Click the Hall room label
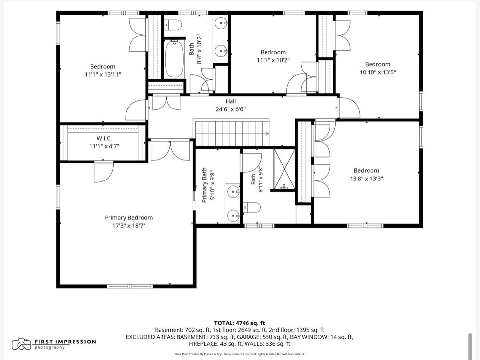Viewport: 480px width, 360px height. pos(231,101)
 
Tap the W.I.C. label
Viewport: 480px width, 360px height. pos(104,138)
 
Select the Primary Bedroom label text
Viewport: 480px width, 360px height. pos(129,218)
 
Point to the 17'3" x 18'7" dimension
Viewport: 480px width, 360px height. pos(129,226)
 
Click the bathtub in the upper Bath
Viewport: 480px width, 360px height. pos(174,58)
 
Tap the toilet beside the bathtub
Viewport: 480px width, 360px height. pos(173,25)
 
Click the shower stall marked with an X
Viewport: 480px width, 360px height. pos(284,169)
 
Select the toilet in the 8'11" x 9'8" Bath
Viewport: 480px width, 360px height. pos(252,208)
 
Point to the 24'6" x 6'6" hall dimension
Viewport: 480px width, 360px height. pos(231,109)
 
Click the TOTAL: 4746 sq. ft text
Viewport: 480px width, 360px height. pos(240,323)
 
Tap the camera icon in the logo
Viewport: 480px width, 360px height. pos(22,344)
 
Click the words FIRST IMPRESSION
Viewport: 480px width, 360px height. pos(65,342)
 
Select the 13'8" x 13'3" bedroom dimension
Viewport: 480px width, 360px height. pos(366,178)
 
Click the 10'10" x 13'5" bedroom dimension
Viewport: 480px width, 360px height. pos(378,72)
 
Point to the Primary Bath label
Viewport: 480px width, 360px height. pos(204,185)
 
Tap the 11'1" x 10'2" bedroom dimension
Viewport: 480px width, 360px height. pos(273,60)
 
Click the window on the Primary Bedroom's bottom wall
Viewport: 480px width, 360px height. pos(130,286)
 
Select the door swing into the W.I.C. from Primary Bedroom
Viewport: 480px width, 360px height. pos(104,172)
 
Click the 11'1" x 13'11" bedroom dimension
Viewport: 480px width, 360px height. pos(103,74)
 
